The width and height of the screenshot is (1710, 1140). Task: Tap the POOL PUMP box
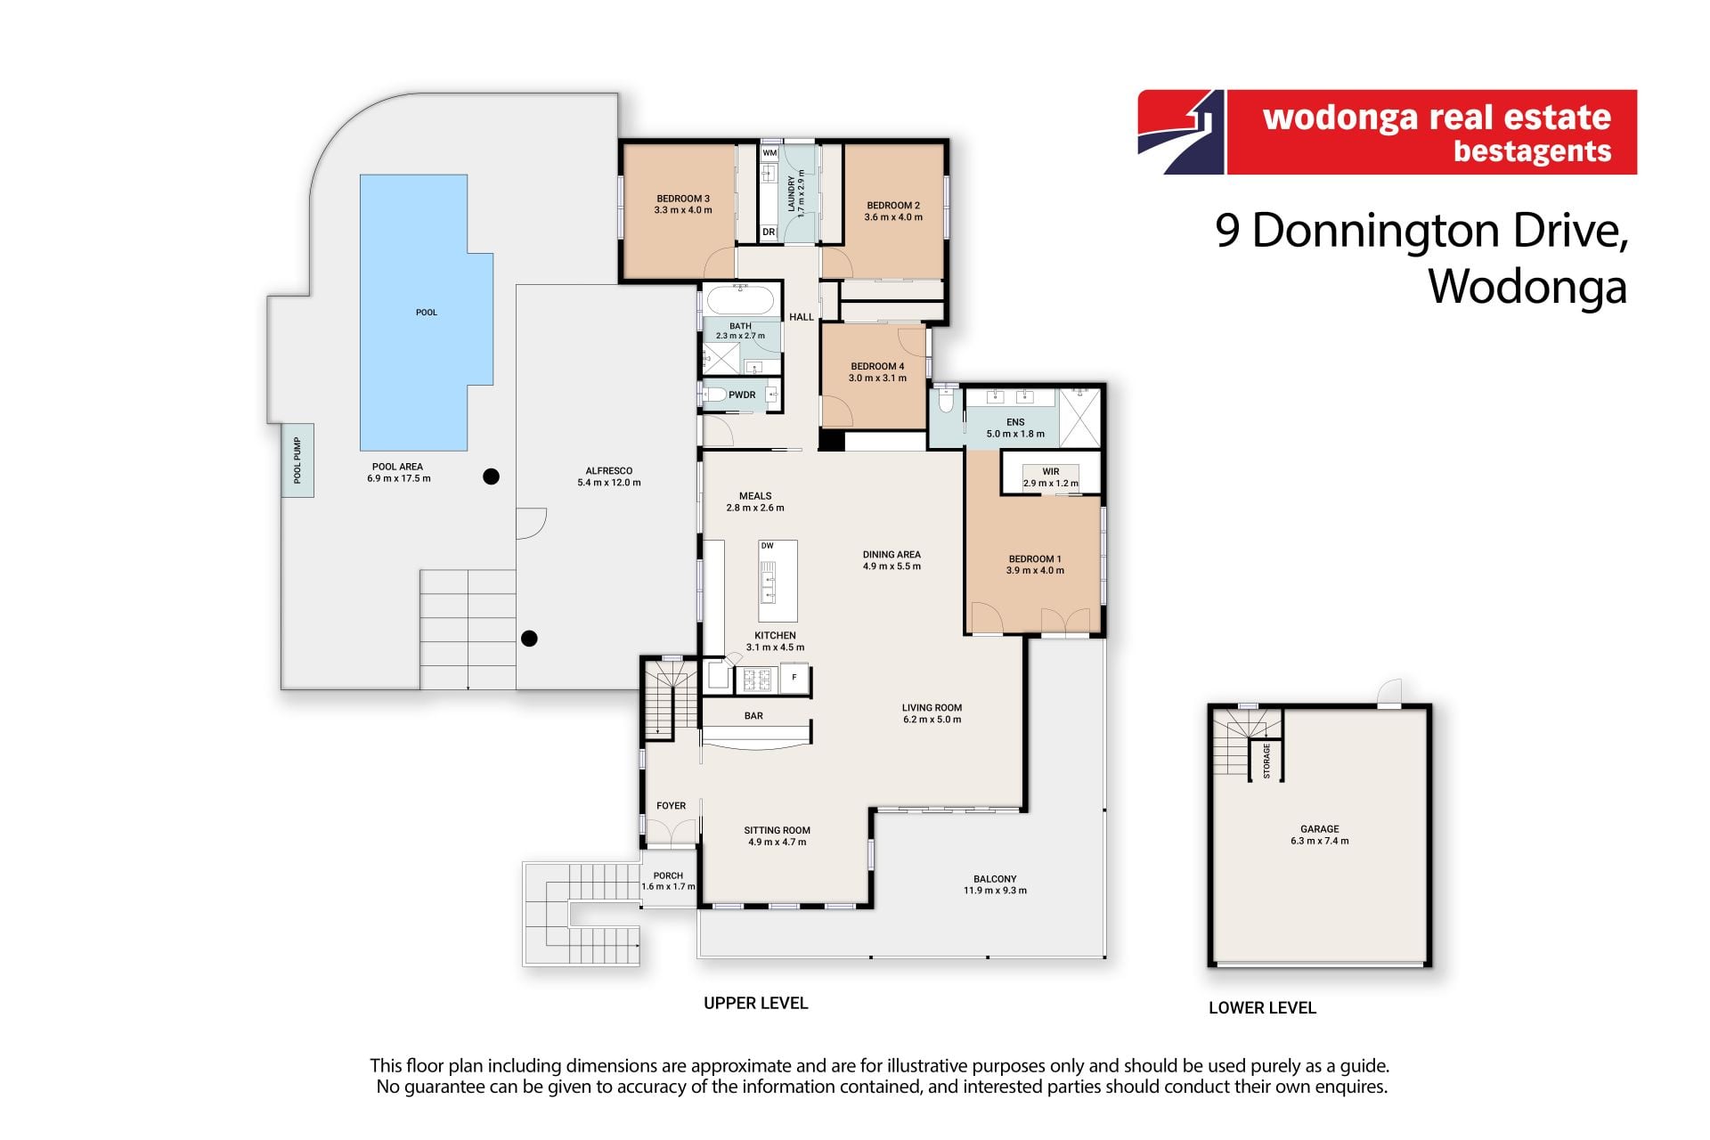click(x=297, y=460)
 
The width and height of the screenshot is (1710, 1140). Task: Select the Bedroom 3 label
click(x=683, y=199)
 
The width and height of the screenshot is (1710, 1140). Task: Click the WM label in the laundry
click(x=769, y=153)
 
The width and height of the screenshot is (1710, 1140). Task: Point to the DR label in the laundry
click(x=769, y=232)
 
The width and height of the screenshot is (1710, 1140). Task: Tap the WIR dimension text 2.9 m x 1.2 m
click(x=1051, y=484)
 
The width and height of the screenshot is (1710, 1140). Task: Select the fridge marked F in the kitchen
click(x=794, y=678)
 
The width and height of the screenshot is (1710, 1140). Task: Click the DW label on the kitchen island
click(x=768, y=546)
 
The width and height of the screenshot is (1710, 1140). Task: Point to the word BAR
click(x=753, y=716)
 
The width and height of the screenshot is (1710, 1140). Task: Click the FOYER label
click(x=672, y=806)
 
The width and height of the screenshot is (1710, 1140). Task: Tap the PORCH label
click(x=668, y=875)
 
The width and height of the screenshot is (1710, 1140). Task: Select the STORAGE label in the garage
click(x=1266, y=761)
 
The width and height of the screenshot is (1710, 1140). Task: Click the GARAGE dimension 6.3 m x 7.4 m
click(x=1320, y=841)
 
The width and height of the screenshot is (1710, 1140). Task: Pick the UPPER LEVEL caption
click(x=756, y=1003)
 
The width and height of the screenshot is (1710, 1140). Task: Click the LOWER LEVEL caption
click(x=1262, y=1008)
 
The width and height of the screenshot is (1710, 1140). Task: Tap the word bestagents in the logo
click(x=1533, y=151)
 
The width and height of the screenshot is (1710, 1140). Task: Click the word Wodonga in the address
click(x=1528, y=287)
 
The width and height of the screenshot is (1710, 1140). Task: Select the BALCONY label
click(x=995, y=879)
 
